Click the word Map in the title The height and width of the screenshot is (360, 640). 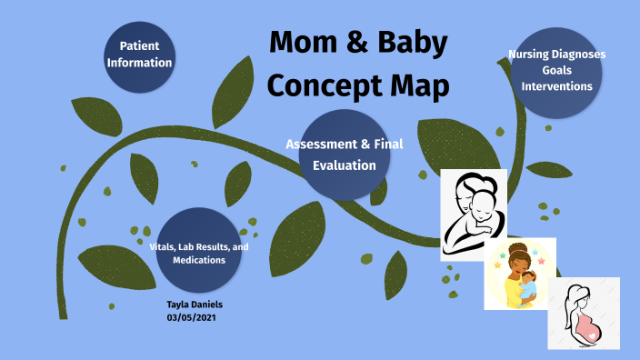417,87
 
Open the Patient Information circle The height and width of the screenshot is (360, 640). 139,55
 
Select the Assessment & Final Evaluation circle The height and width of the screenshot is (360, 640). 344,155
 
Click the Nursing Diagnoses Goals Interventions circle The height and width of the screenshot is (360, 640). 556,71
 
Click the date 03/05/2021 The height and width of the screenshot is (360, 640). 193,318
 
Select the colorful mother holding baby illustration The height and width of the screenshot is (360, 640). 520,274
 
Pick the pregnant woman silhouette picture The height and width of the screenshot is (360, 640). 583,313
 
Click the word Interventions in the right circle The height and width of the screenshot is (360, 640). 556,86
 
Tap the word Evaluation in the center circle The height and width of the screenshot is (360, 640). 344,165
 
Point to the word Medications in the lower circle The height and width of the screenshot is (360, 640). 199,260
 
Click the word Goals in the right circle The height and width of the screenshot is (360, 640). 556,70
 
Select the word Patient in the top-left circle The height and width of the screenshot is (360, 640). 139,45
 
